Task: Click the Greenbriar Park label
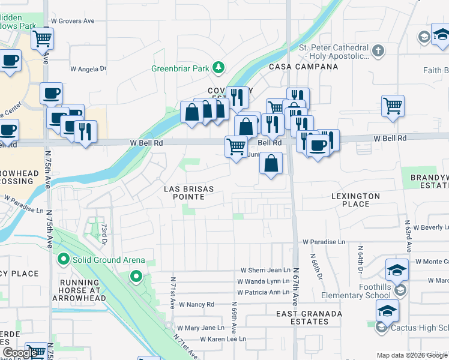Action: (x=181, y=68)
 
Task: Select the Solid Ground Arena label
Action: (x=109, y=260)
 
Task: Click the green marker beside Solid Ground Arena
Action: (x=63, y=260)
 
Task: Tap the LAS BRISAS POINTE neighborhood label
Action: (x=189, y=193)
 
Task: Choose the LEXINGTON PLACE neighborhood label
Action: (x=355, y=200)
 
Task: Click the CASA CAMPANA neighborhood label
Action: (x=304, y=67)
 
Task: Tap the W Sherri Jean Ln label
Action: (x=265, y=271)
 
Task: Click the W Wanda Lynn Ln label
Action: (x=264, y=281)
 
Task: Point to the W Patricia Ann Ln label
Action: (x=264, y=292)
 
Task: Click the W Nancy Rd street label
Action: (x=196, y=305)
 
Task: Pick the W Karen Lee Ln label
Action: (x=223, y=339)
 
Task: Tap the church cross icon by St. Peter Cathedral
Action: (x=378, y=50)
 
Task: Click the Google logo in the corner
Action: (x=20, y=353)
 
